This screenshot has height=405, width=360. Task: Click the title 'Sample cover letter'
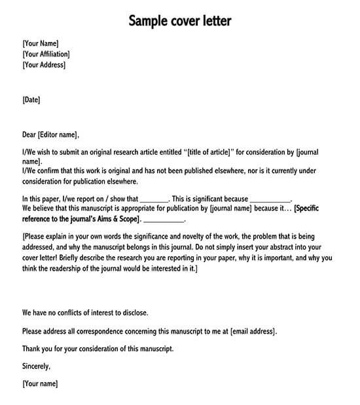[179, 22]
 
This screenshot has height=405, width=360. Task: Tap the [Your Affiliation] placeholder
[46, 54]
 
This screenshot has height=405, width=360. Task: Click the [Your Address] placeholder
[44, 65]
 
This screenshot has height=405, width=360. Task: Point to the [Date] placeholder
[31, 100]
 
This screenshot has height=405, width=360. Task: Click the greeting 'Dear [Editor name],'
[50, 135]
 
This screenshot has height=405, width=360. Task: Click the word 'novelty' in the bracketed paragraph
[192, 237]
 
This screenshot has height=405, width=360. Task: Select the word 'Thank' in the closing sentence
[32, 349]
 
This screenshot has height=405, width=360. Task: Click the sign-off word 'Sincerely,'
[37, 366]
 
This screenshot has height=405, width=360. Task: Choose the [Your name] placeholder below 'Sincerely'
[40, 383]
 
